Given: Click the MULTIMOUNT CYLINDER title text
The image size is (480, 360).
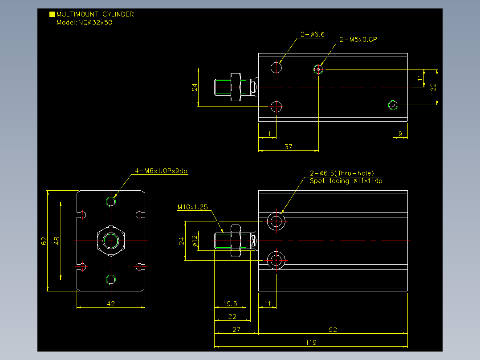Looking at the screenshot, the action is coord(95,14).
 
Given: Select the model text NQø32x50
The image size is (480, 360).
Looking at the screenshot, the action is coord(95,22).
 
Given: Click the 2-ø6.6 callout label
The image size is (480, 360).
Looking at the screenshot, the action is coord(313,34).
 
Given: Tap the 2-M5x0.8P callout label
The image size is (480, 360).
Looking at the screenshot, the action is coord(358,39).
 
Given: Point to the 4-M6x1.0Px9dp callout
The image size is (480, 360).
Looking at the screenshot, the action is coord(161,171).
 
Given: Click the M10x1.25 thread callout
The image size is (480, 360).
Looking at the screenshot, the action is coord(192,207).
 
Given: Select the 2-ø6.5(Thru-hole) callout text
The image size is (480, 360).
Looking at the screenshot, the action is coord(342,173).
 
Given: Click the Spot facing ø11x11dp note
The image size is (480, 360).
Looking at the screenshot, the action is coord(346,181).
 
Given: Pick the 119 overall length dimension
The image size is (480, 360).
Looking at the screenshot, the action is coord(311,343).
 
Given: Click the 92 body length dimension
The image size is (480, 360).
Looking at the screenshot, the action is coord(333,329).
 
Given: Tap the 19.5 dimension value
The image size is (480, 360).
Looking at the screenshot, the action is coord(230,303).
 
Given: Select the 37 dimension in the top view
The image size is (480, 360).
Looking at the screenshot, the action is coord(289,147).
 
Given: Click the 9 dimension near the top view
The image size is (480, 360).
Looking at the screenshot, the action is coord(400,134).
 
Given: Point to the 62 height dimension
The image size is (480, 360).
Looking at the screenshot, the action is coord(44,241).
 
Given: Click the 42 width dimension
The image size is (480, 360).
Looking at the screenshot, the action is coord(111,303).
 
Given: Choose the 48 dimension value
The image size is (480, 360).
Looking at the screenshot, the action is coord(57,241).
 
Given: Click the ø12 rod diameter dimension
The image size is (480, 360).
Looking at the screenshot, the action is coord(195,241).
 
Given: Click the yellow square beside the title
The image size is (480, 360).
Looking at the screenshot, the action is coord(52,14).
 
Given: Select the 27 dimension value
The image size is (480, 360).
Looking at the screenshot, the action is coord(236,329).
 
